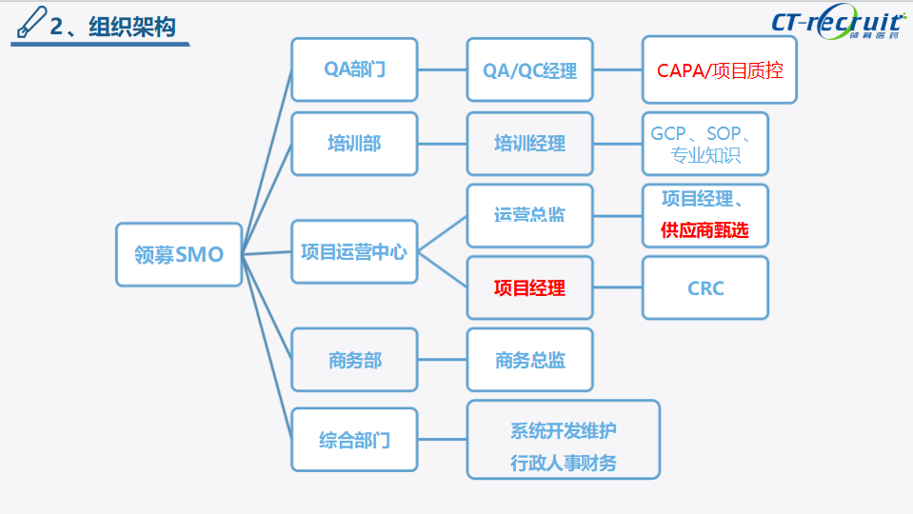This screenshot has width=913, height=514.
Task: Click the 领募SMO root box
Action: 179,254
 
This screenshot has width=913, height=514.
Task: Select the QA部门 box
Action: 354,69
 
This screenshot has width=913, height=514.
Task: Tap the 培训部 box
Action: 354,144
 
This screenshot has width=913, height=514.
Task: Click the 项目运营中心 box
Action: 354,252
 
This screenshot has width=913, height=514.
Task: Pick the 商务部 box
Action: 354,360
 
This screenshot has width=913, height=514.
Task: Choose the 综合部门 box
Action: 354,440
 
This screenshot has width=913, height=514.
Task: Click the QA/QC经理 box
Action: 529,69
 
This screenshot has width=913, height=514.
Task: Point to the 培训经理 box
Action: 529,144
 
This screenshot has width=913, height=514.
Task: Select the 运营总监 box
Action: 529,215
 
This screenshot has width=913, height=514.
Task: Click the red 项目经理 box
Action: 529,287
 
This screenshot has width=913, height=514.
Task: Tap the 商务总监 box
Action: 529,360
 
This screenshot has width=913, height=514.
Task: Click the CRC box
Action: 705,287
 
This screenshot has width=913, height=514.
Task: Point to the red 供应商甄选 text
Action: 706,230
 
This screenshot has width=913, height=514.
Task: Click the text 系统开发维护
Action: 563,430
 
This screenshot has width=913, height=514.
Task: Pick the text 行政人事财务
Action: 563,463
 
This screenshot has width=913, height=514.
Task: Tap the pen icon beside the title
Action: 31,21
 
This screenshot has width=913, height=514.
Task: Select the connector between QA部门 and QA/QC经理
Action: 442,69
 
